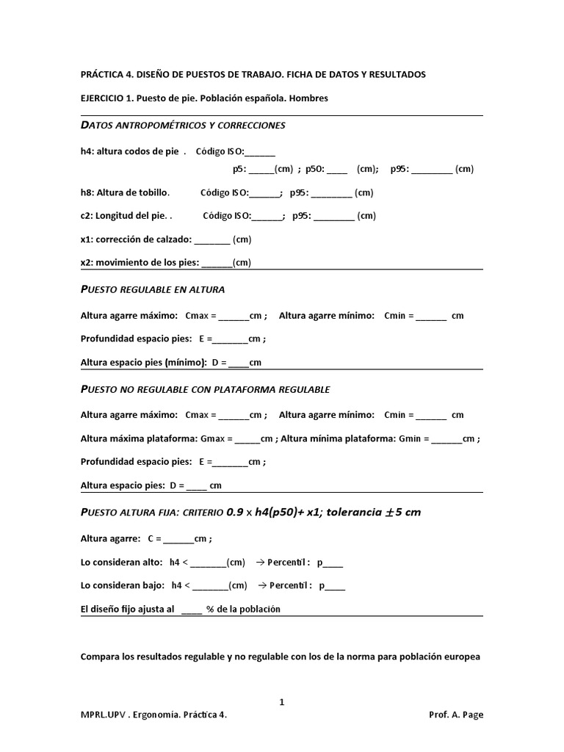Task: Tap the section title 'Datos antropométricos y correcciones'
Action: click(182, 126)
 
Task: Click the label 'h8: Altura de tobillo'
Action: click(125, 193)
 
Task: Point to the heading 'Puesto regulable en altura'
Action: click(152, 289)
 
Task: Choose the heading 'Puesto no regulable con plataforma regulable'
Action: click(205, 389)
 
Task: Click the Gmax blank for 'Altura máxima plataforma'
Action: click(247, 439)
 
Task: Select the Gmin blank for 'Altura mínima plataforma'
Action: click(446, 439)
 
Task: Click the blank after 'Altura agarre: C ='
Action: click(178, 539)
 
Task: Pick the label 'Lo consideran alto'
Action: click(120, 563)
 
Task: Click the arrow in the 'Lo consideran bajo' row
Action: click(261, 586)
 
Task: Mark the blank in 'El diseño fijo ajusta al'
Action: click(191, 610)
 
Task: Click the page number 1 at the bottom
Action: click(281, 702)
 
